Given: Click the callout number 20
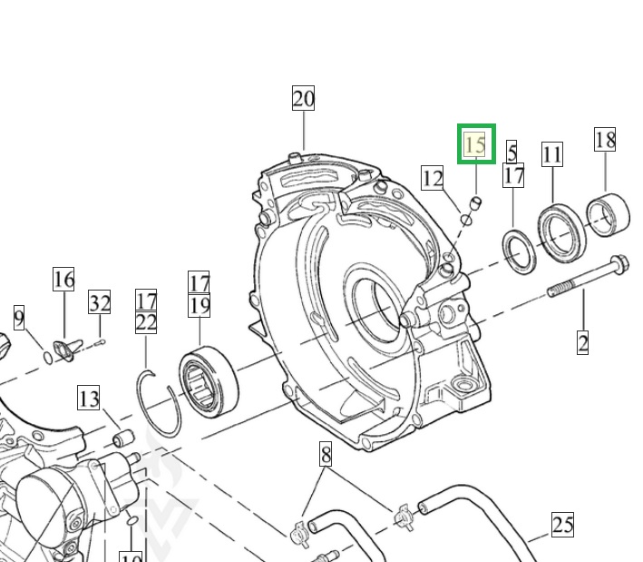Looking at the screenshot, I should pos(303,99).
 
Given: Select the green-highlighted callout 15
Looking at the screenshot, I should pos(475,144).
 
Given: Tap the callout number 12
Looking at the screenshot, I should pos(433,178).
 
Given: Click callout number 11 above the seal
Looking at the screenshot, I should pos(552,154).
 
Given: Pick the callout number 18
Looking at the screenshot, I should pos(605,140).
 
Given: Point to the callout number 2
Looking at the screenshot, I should pos(583,342).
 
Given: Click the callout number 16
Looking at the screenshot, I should pos(63,279).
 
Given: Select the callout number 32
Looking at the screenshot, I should pos(99,302).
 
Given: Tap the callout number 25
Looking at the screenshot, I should pos(562,525).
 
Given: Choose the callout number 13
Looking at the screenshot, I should pos(88,398).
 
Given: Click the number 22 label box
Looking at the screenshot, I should pos(146,321).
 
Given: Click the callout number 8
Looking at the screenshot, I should pos(326,454).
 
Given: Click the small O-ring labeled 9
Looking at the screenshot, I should pos(47,357).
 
